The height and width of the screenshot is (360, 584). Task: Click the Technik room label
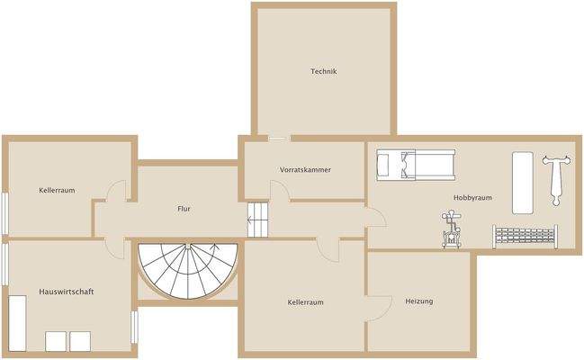[323, 71]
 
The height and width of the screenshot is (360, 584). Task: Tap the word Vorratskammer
[305, 169]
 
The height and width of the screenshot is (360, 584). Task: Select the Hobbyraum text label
[472, 198]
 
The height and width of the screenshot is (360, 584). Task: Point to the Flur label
[184, 209]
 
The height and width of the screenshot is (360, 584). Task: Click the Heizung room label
[418, 301]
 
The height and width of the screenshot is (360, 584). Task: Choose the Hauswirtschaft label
[67, 292]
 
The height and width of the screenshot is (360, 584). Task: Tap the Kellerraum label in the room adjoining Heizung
[305, 302]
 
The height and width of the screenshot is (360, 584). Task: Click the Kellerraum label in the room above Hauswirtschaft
[56, 191]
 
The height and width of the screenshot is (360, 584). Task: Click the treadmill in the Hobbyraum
[415, 164]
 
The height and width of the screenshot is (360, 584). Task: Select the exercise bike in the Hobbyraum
[450, 229]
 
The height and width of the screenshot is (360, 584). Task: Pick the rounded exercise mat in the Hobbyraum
[522, 182]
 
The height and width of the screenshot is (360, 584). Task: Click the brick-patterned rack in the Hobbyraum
[527, 237]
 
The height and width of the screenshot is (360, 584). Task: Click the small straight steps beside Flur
[258, 219]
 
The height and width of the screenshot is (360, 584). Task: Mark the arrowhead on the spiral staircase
[214, 246]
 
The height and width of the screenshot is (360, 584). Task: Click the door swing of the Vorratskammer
[279, 191]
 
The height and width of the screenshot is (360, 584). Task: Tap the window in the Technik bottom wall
[279, 138]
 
